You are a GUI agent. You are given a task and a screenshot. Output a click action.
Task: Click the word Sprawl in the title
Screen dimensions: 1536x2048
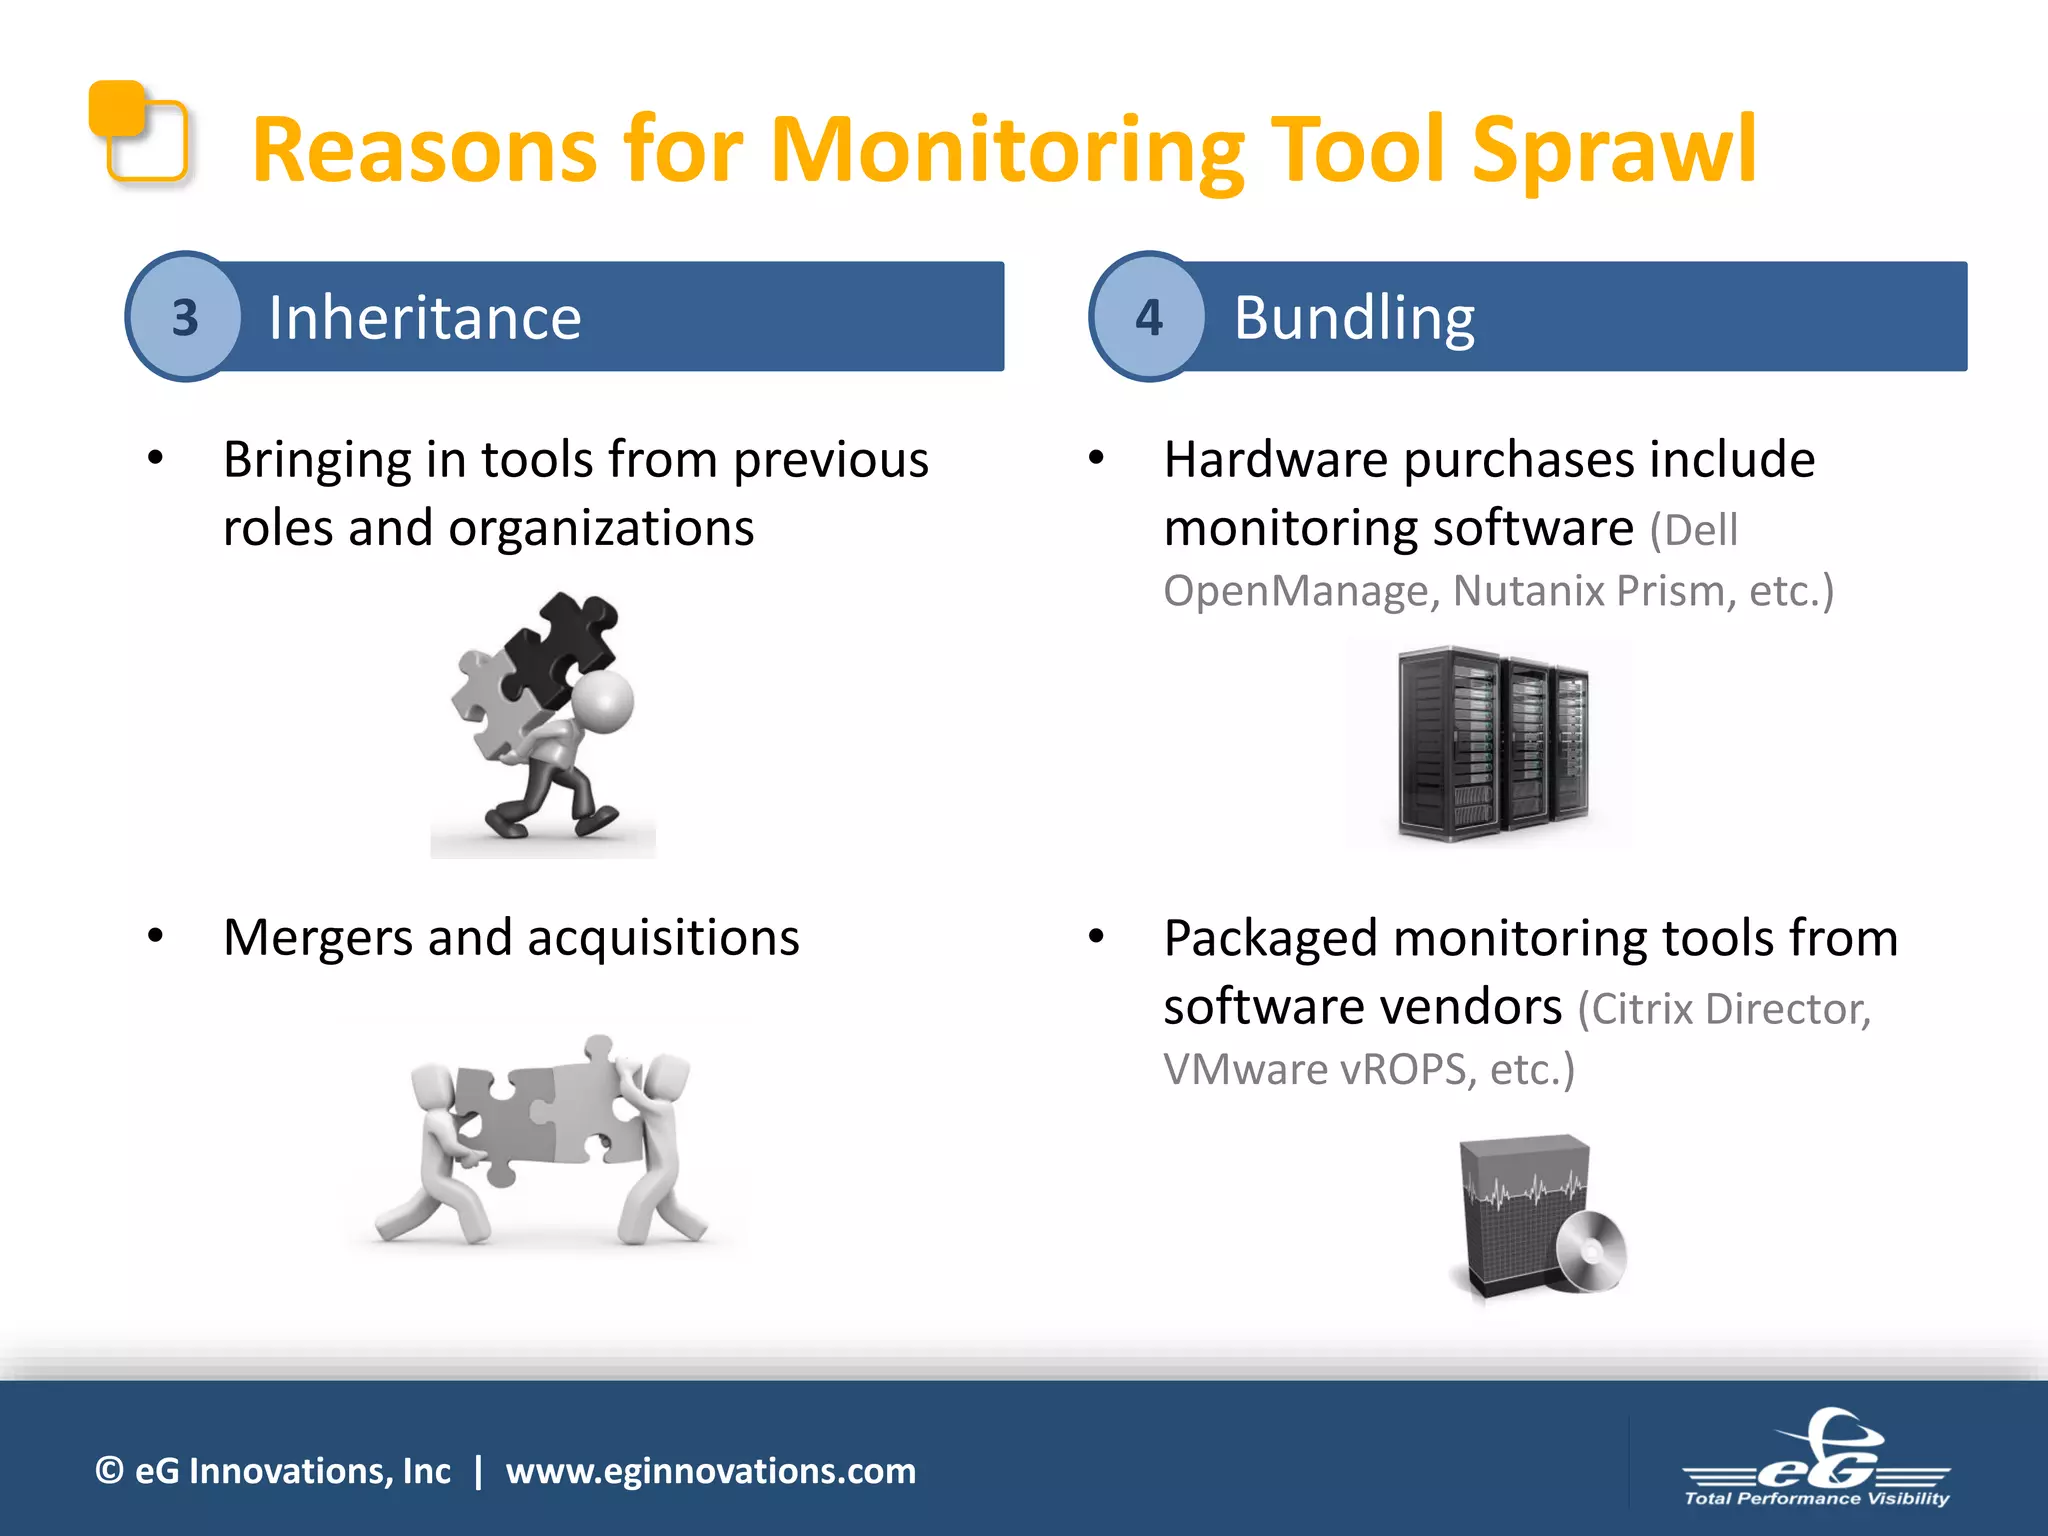coord(1612,150)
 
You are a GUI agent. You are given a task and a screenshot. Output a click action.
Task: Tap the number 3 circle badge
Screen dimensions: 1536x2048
coord(185,317)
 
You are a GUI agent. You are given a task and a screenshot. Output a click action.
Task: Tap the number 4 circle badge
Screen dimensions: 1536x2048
coord(1149,317)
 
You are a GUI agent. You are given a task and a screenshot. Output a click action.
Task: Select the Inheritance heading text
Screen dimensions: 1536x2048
coord(424,318)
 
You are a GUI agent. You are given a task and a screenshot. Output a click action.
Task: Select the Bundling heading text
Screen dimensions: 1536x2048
coord(1353,318)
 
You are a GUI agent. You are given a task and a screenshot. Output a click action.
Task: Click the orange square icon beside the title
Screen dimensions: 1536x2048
coord(138,131)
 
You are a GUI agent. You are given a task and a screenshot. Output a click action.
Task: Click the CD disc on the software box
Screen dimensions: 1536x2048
coord(1591,1251)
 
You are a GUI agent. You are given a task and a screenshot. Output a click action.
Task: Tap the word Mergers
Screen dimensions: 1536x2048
coord(318,938)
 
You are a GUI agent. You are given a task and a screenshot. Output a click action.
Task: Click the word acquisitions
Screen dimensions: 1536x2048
coord(663,938)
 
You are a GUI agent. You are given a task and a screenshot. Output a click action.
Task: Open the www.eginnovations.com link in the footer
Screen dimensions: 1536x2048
coord(710,1471)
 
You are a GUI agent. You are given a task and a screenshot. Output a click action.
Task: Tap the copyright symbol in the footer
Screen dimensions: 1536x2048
coord(109,1471)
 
